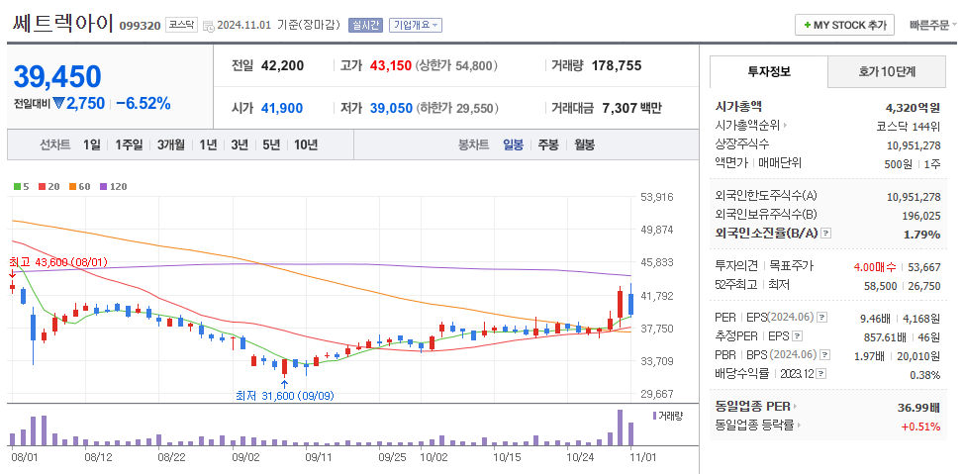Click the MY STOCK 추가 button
point(844,25)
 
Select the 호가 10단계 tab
point(885,72)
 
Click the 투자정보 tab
point(769,72)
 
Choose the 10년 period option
point(306,144)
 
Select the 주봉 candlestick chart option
point(547,144)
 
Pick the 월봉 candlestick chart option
point(584,144)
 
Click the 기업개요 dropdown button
point(416,25)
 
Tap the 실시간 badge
point(365,25)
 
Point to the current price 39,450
point(58,76)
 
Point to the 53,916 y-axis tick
point(656,197)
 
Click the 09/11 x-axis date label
point(318,457)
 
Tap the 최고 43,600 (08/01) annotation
point(58,262)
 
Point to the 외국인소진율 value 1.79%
point(921,234)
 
